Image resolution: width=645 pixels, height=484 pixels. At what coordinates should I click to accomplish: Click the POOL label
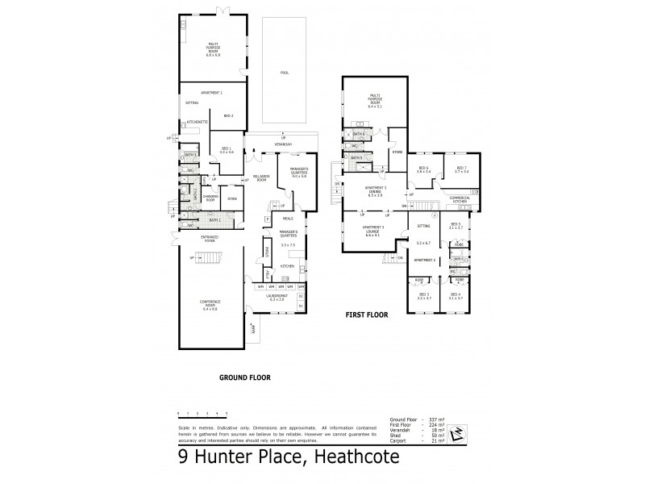pyautogui.click(x=284, y=73)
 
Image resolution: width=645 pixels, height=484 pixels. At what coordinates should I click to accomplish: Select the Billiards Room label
pyautogui.click(x=260, y=179)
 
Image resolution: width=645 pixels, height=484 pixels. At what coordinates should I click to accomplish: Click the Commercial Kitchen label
pyautogui.click(x=460, y=198)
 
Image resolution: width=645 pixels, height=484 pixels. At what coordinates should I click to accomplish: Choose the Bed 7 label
pyautogui.click(x=461, y=169)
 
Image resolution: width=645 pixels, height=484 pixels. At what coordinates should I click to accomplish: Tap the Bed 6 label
pyautogui.click(x=422, y=169)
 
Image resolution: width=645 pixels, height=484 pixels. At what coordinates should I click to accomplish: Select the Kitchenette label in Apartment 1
pyautogui.click(x=198, y=122)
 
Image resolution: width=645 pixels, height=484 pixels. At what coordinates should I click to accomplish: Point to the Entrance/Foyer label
pyautogui.click(x=189, y=239)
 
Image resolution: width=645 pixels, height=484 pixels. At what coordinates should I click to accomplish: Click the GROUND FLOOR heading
pyautogui.click(x=245, y=377)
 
